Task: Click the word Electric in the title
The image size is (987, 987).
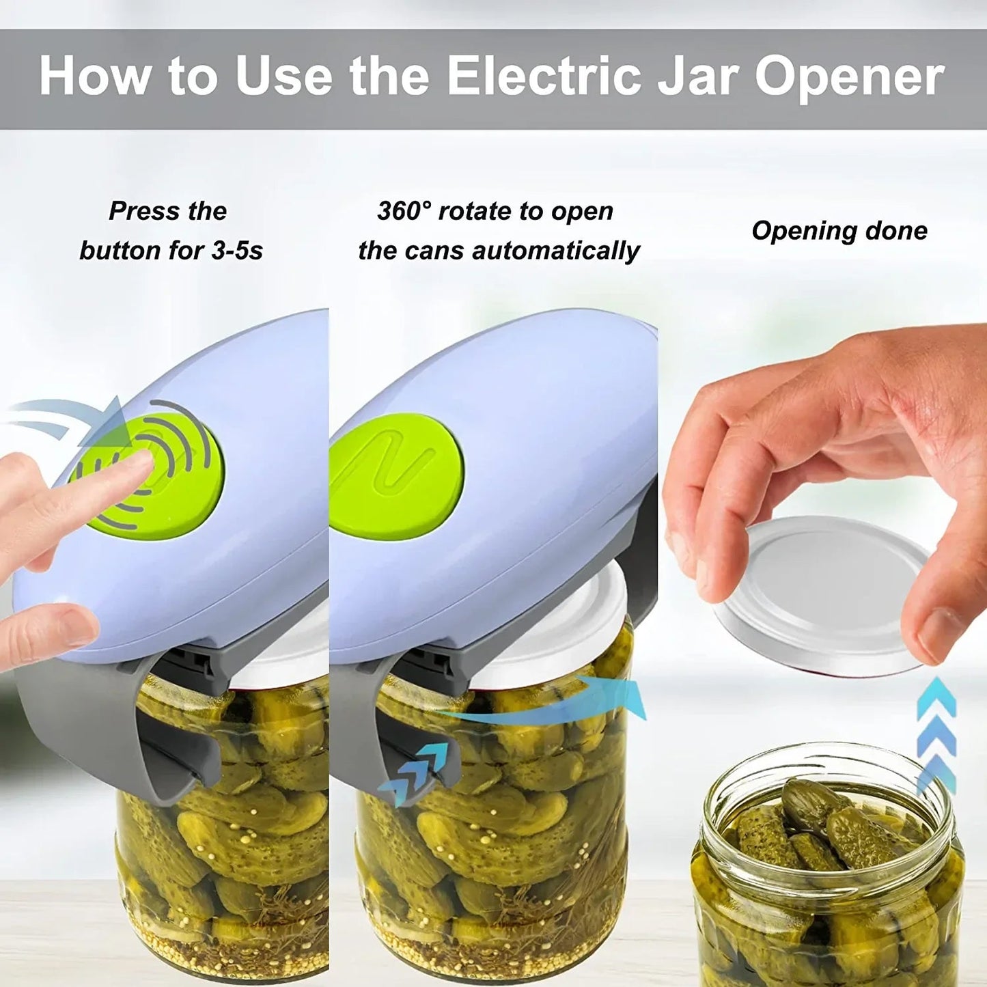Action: pyautogui.click(x=544, y=77)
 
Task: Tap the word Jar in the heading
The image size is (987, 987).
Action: pyautogui.click(x=697, y=77)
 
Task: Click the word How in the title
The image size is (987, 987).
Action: pyautogui.click(x=95, y=77)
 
